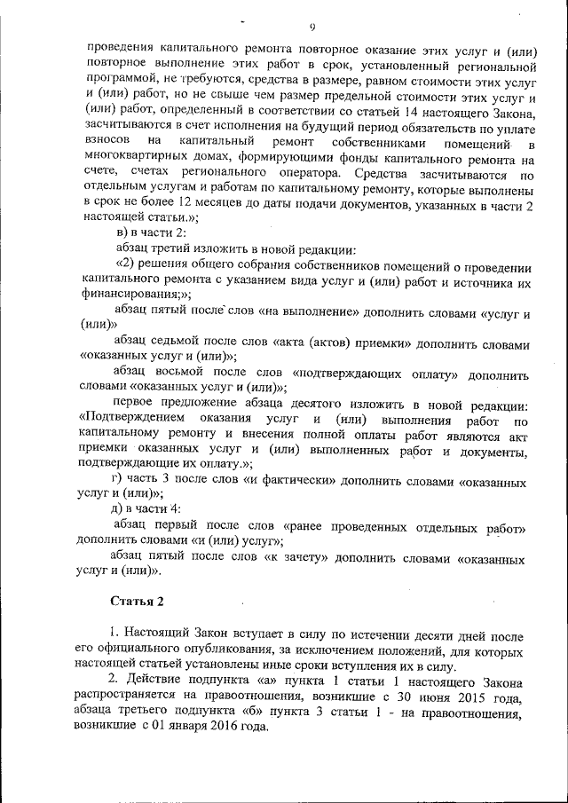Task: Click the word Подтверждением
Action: tap(133, 420)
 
